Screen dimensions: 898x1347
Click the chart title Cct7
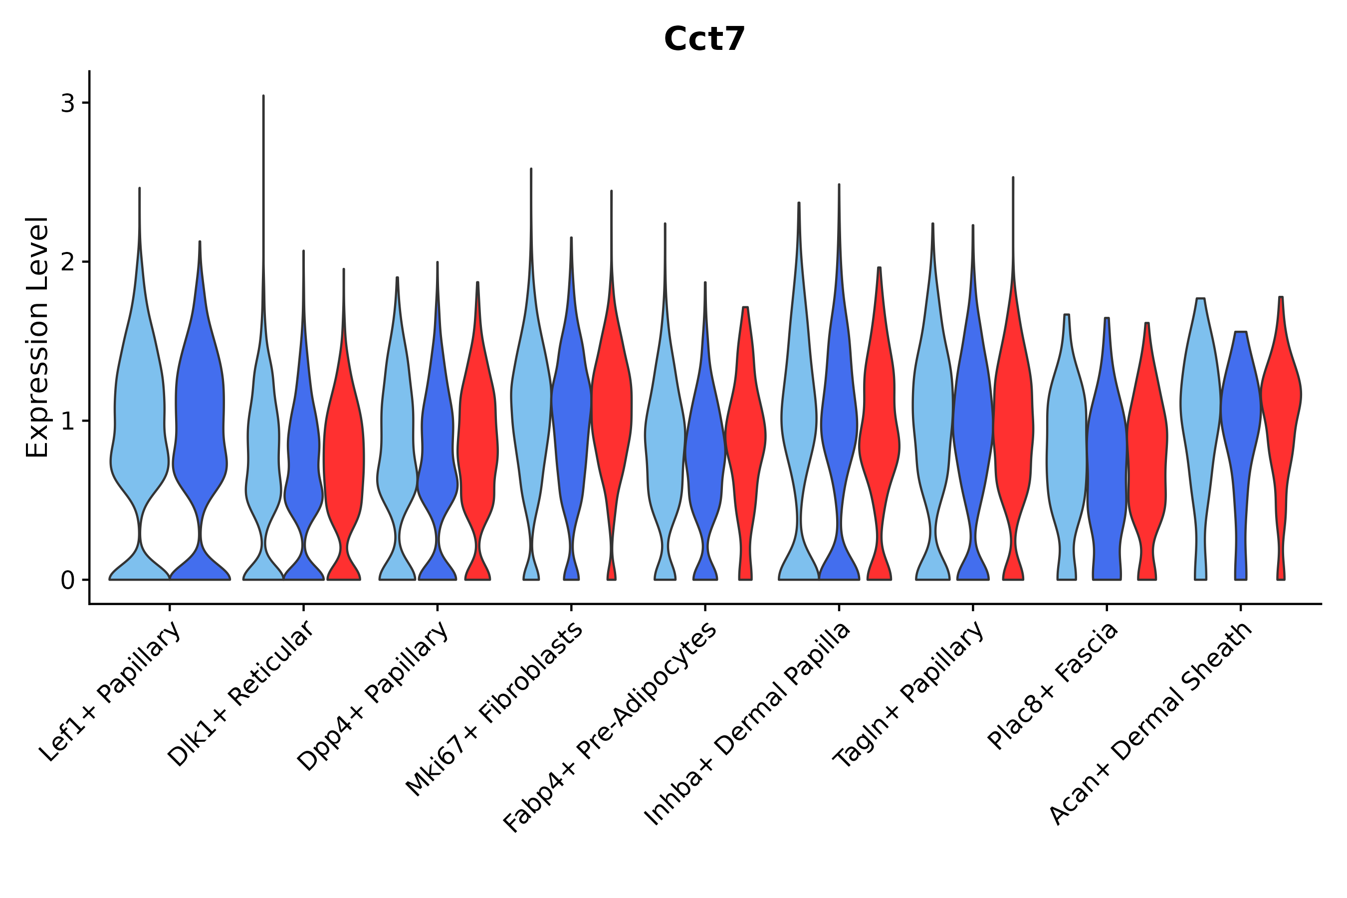coord(704,39)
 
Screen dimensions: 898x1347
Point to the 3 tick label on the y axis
coord(67,104)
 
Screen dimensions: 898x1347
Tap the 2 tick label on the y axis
coord(67,262)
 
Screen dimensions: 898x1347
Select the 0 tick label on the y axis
coord(67,581)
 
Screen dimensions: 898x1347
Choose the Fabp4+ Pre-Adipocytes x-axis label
coord(610,727)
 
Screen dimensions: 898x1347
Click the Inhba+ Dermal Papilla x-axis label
coord(747,724)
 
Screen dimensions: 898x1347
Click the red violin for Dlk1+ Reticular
coord(344,447)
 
